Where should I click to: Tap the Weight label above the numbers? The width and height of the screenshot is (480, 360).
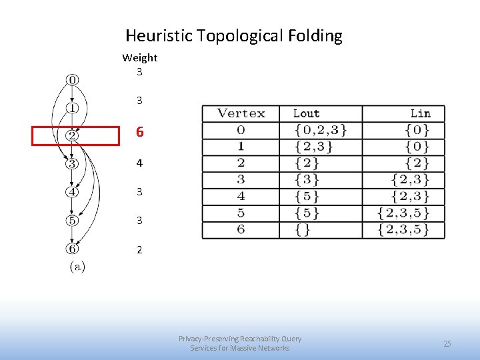click(140, 58)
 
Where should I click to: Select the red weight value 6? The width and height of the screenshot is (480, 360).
click(139, 132)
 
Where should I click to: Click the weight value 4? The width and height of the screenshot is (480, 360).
click(139, 163)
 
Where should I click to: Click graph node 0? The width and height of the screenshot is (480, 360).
click(72, 80)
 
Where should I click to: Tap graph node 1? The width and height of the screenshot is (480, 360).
click(72, 107)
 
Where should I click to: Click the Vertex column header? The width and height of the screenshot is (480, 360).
click(241, 114)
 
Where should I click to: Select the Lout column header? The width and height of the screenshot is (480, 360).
click(307, 114)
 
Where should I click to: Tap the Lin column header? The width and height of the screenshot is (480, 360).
click(420, 114)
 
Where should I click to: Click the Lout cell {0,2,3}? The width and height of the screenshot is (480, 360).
click(320, 130)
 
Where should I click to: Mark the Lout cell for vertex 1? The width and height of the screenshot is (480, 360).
click(313, 147)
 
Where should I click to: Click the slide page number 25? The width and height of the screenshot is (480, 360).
click(447, 343)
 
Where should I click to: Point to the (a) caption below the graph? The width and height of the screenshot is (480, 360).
click(77, 267)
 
